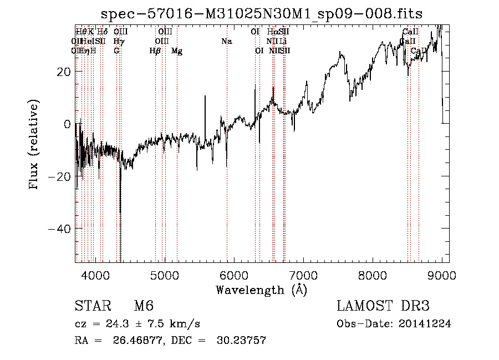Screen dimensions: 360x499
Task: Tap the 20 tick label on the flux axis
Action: coord(63,72)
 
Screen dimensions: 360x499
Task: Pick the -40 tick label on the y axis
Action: coord(60,229)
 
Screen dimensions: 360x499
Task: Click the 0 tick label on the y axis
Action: coord(67,124)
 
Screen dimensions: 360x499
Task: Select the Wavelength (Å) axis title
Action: coord(261,290)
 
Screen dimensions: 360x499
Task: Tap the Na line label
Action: coord(226,42)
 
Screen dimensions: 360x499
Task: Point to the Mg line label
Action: coord(177,51)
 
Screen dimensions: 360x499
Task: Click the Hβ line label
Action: coord(155,51)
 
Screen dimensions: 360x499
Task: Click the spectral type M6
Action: coord(143,306)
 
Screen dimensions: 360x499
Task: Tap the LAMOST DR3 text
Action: coord(383,306)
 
